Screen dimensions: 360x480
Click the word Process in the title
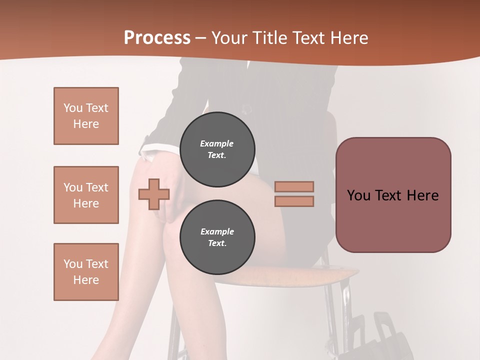point(157,38)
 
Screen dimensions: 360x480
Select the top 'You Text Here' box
point(86,116)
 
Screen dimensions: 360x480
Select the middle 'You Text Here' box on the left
point(86,195)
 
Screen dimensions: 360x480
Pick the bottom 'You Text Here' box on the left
point(86,271)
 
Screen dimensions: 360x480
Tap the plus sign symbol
point(154,194)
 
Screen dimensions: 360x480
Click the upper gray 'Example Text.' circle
point(217,149)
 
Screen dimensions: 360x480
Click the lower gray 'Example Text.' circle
point(217,237)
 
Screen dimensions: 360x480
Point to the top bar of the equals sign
point(294,186)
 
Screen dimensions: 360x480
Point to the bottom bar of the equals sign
point(294,201)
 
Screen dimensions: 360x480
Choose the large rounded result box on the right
point(393,195)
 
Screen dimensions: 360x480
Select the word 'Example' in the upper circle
point(217,143)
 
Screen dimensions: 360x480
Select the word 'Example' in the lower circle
point(217,231)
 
